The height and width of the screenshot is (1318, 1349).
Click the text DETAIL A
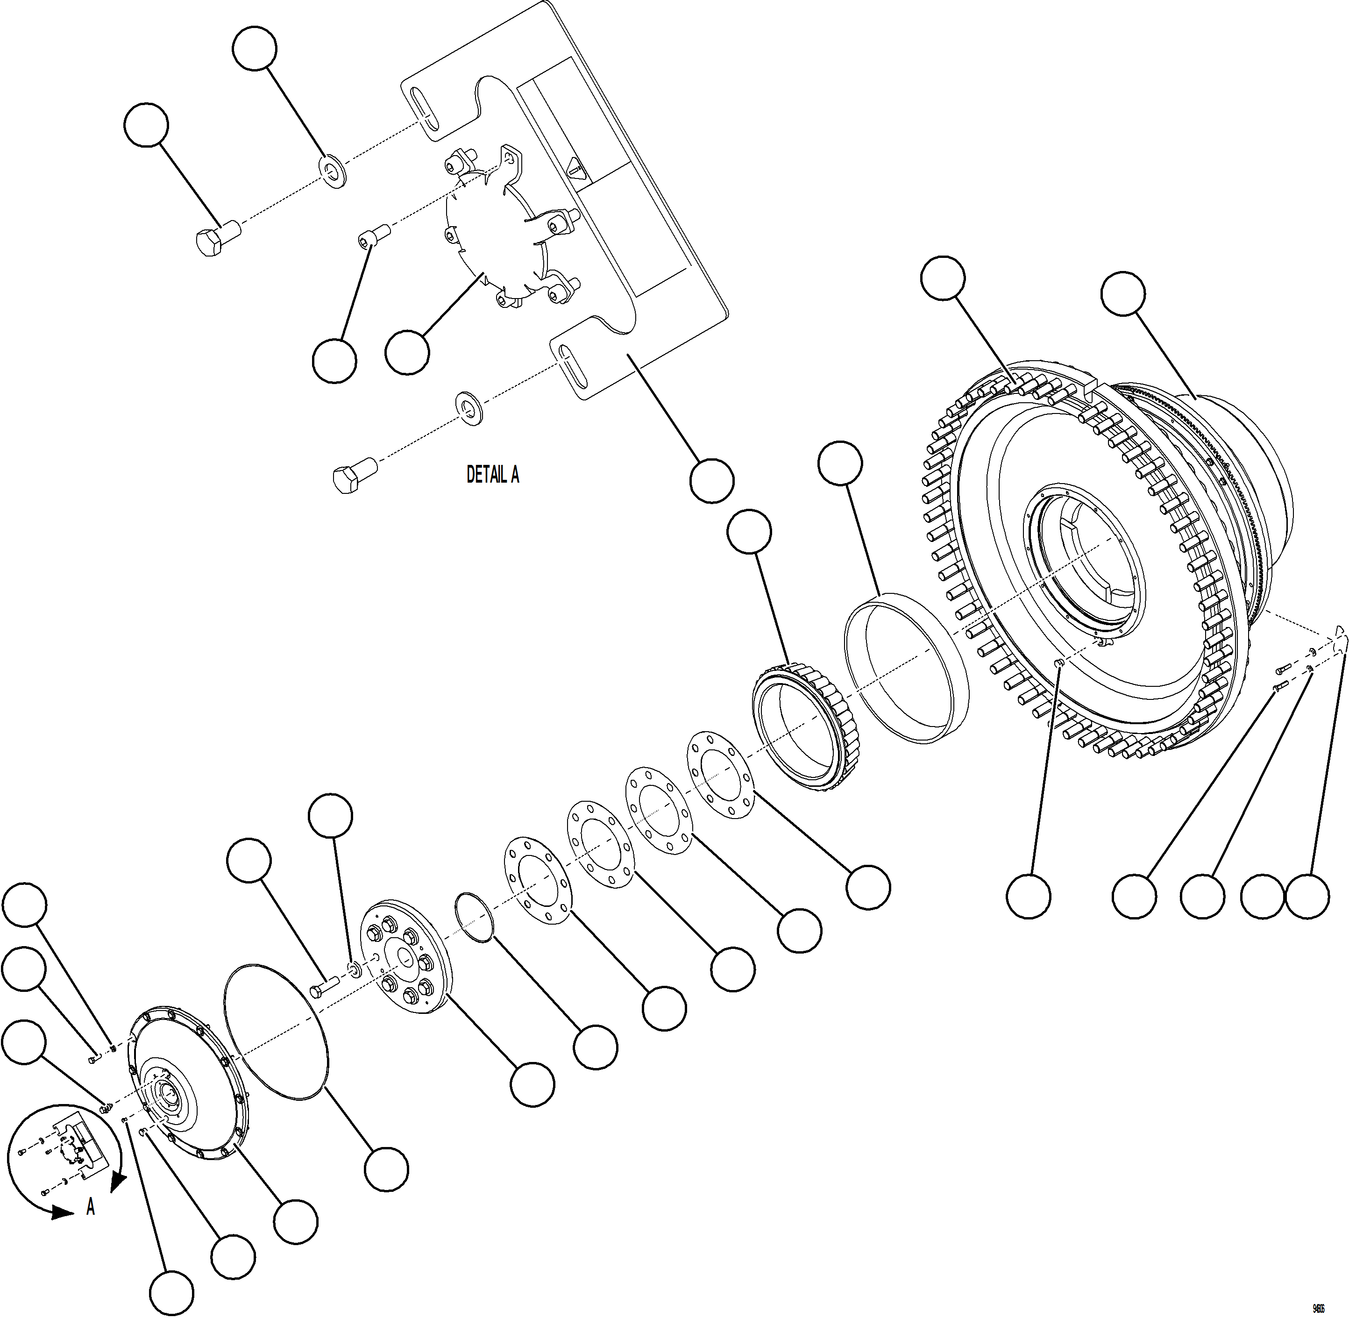[x=492, y=474]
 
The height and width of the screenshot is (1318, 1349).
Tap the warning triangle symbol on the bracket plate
[x=574, y=168]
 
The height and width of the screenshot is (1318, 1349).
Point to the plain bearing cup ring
[x=906, y=668]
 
